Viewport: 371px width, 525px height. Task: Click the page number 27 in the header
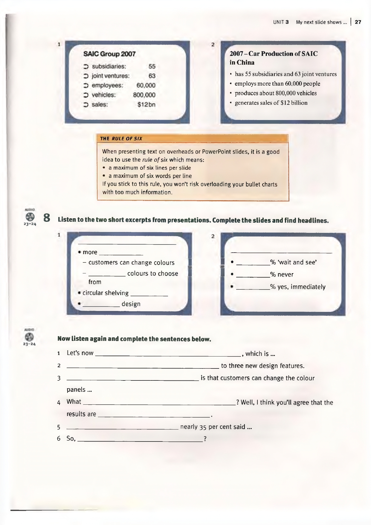click(x=358, y=22)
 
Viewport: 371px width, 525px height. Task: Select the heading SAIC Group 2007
click(x=109, y=54)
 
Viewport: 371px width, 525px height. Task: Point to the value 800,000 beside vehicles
click(x=144, y=95)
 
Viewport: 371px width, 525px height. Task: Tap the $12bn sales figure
click(x=146, y=104)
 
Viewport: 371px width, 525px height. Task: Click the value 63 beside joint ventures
click(x=152, y=76)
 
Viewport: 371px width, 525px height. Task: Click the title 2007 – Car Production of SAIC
click(x=274, y=54)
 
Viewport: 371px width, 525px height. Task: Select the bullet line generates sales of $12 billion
click(x=271, y=103)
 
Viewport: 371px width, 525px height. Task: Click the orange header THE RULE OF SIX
click(x=121, y=139)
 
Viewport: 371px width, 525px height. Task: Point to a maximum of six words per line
click(x=150, y=176)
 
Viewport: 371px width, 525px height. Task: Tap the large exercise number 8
click(x=47, y=218)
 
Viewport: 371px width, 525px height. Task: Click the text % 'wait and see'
click(x=293, y=262)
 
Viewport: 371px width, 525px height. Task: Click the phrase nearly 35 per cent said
click(x=216, y=427)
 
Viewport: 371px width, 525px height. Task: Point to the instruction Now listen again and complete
click(x=134, y=339)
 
